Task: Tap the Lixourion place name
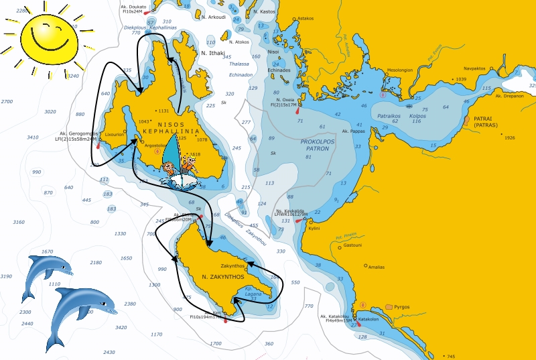click(115, 134)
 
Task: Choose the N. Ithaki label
click(214, 52)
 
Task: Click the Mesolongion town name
click(400, 70)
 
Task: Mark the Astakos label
click(306, 18)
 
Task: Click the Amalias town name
click(376, 267)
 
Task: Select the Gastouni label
click(352, 245)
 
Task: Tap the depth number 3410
click(32, 137)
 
